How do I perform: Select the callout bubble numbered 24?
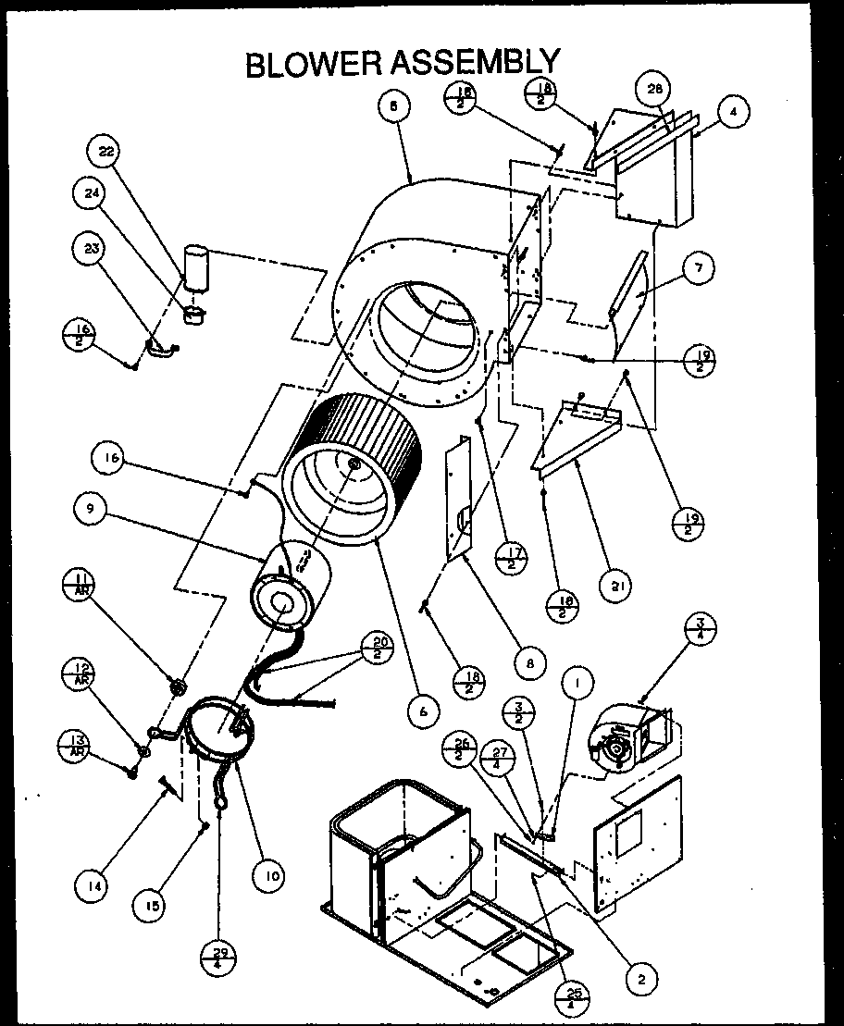pyautogui.click(x=90, y=194)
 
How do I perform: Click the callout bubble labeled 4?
pyautogui.click(x=733, y=112)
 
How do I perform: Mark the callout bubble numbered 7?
pyautogui.click(x=700, y=268)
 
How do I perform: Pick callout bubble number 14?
pyautogui.click(x=92, y=885)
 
